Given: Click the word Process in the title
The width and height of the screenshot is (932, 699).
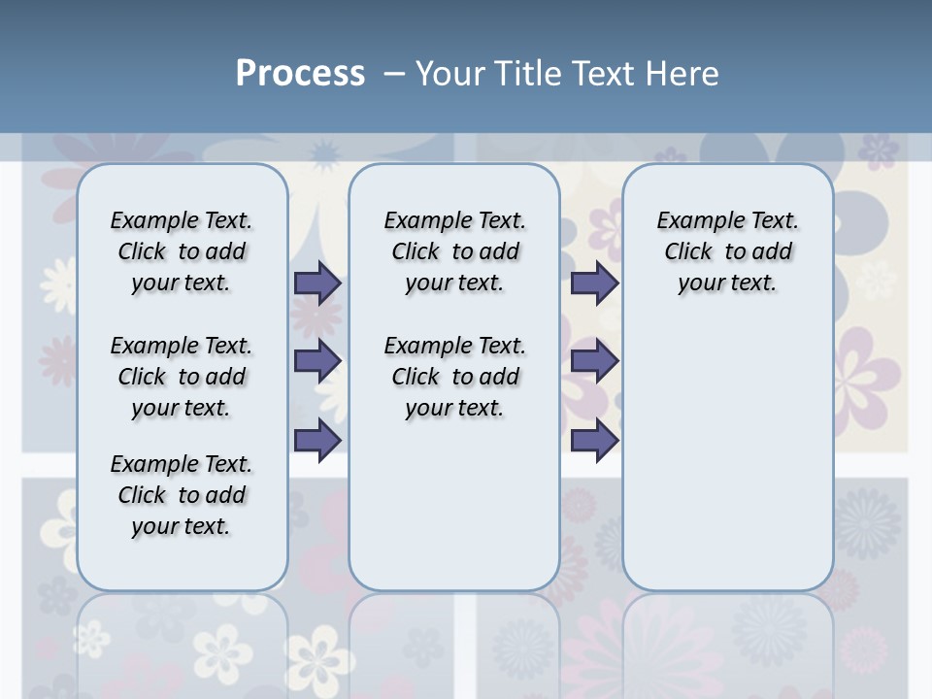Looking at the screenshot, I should [x=300, y=74].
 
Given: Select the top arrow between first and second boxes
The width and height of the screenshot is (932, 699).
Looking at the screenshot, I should [x=317, y=283].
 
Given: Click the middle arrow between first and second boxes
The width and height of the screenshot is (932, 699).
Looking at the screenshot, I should [x=317, y=361].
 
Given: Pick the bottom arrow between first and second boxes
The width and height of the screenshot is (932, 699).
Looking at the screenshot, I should [x=317, y=440].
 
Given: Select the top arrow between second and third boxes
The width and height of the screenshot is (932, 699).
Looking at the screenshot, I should [x=594, y=283].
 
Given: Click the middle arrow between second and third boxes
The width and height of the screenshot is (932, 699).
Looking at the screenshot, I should [x=594, y=361].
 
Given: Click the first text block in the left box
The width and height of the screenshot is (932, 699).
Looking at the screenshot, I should [x=182, y=251].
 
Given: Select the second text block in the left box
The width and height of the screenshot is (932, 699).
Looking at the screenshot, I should [x=182, y=377].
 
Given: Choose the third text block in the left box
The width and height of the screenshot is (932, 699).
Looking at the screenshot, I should [x=182, y=495].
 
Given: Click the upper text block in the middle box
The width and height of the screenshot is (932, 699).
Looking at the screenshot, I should [x=454, y=251].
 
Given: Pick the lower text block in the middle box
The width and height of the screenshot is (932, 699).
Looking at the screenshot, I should [x=454, y=377].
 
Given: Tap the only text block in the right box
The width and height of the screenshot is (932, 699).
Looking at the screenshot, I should [x=727, y=251].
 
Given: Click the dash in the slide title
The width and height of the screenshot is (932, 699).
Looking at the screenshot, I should [x=394, y=74].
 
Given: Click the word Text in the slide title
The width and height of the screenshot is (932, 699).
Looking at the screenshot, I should [x=606, y=74].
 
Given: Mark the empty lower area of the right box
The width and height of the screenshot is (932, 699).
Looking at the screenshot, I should [x=727, y=456].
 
